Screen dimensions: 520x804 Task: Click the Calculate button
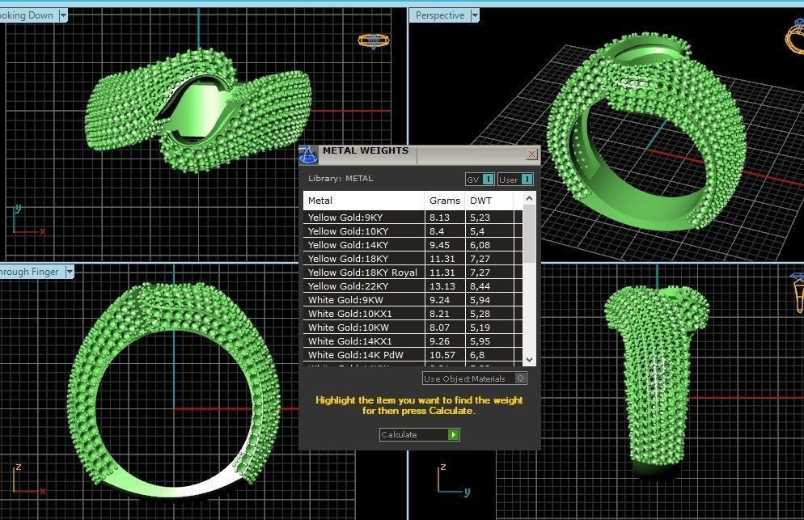coord(419,435)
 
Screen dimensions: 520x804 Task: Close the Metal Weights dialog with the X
coord(531,154)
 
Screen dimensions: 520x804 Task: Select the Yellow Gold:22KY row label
coord(348,286)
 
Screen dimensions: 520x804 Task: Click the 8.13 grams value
coord(441,218)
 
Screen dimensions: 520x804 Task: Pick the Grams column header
coord(444,201)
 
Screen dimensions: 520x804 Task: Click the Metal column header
coord(320,201)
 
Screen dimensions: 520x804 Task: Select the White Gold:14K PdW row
coord(355,355)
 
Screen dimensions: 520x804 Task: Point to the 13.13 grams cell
coord(442,286)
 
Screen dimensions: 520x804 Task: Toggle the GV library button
coord(479,180)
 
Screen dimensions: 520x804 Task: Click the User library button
coord(515,180)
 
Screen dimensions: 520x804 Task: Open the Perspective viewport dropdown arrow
coord(475,15)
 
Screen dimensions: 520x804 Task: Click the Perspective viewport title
coord(440,15)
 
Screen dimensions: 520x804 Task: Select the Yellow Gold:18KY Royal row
coord(362,273)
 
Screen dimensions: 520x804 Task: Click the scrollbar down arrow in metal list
coord(530,359)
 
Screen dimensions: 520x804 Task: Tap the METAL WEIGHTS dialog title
coord(366,150)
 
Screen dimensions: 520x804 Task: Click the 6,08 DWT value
coord(480,245)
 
